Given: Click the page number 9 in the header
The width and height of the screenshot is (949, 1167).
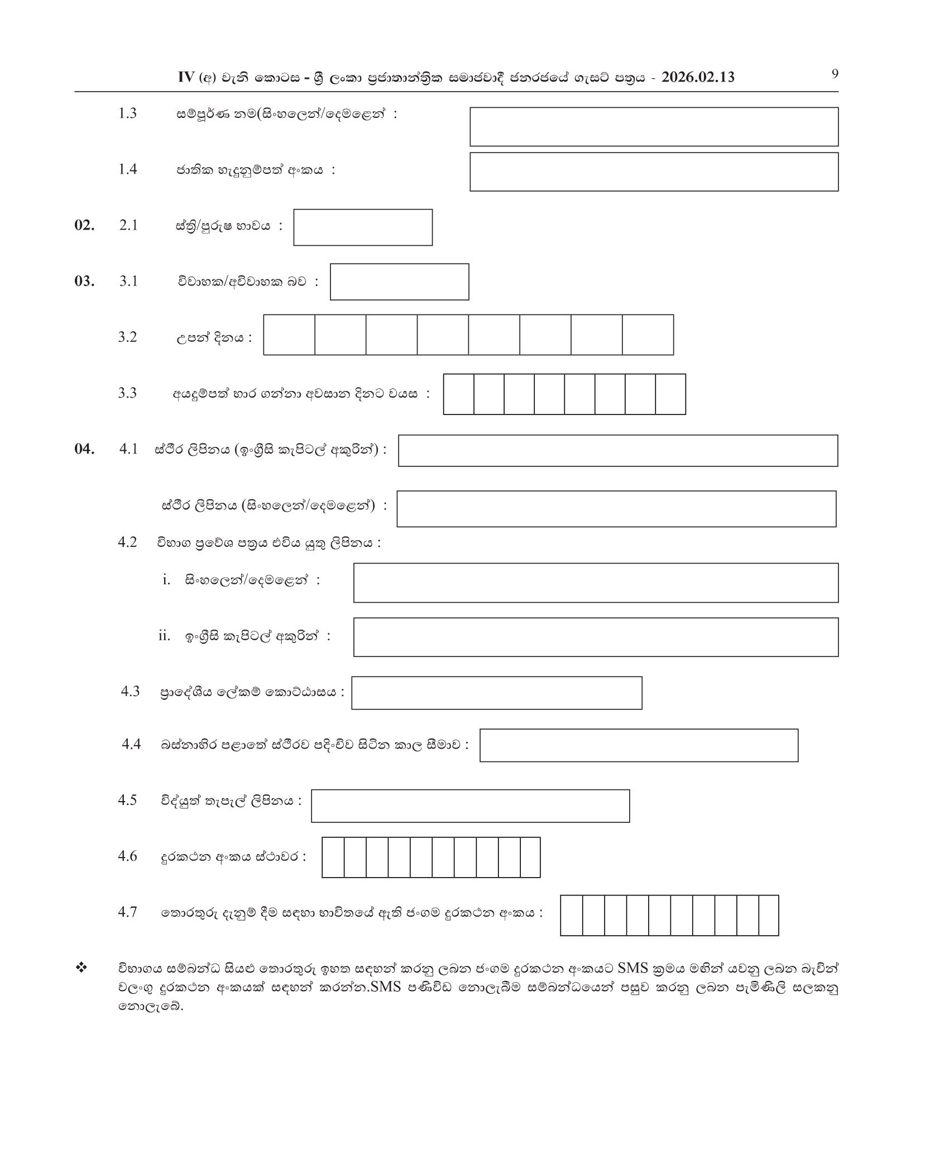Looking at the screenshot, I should [x=835, y=74].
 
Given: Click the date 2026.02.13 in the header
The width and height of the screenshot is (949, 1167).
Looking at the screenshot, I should [x=698, y=78].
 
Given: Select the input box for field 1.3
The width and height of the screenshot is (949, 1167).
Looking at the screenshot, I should [x=654, y=127].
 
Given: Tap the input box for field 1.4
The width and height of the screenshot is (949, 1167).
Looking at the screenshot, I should [x=654, y=172].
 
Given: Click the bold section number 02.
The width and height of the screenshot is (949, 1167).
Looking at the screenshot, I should [x=84, y=225].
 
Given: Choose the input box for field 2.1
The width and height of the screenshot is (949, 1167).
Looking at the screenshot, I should [x=363, y=227].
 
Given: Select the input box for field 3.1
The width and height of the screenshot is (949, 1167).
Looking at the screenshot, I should [x=399, y=282].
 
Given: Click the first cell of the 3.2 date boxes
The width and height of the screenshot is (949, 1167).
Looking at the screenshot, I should [x=289, y=335].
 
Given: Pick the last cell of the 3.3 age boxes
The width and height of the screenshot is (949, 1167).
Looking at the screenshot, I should [x=670, y=394].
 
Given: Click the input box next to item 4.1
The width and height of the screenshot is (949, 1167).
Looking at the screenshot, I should [x=617, y=451].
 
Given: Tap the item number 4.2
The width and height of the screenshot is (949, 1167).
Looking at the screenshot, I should [x=127, y=542].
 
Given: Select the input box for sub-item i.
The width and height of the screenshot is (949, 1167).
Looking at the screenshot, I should [x=596, y=583].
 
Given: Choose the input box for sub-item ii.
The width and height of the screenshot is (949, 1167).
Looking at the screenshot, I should [x=596, y=637].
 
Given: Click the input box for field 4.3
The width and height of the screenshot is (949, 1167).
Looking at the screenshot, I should [x=496, y=693].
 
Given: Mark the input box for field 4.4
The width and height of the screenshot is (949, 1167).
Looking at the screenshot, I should [x=639, y=745].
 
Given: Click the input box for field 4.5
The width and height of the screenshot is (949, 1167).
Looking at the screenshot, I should [x=470, y=806].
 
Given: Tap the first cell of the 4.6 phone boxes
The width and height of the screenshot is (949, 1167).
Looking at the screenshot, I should [x=333, y=858].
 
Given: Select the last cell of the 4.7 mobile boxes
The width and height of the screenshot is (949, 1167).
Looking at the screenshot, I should [x=769, y=916].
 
